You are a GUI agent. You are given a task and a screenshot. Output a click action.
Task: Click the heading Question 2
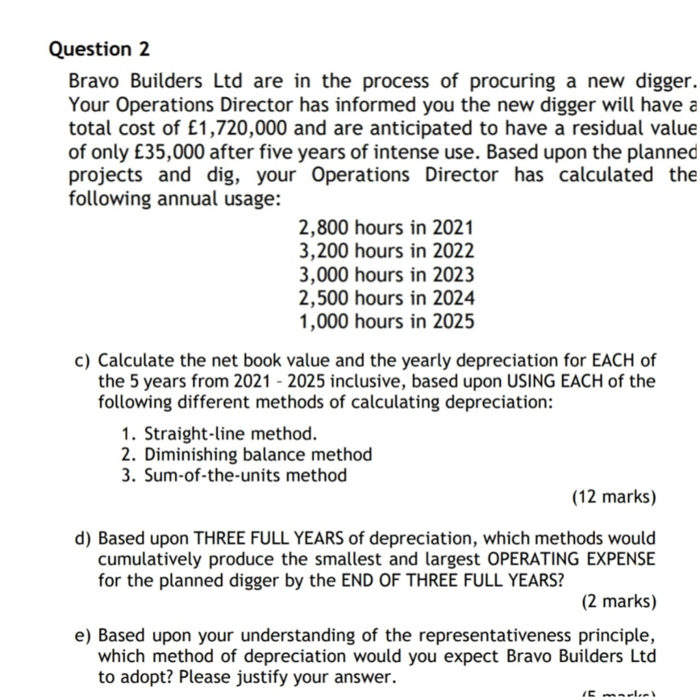pos(100,49)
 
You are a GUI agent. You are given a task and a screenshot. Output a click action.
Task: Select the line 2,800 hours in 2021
pos(386,228)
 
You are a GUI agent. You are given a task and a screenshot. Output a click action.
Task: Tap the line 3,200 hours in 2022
pos(386,251)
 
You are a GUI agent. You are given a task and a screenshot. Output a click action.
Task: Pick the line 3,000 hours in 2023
pos(386,275)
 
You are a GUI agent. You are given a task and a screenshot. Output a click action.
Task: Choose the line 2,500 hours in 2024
pos(386,298)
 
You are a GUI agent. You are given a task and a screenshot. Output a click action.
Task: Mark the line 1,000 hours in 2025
pos(386,321)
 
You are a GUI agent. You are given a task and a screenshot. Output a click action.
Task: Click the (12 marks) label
pos(614,497)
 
